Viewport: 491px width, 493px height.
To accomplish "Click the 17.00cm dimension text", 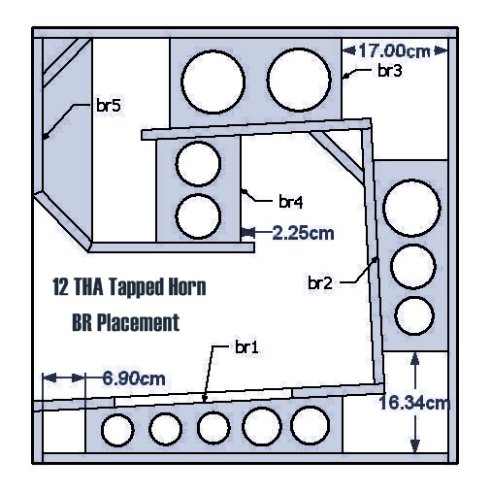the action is pyautogui.click(x=394, y=50).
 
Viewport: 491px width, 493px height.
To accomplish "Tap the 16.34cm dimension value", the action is pyautogui.click(x=414, y=404).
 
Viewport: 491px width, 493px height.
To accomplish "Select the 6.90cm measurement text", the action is pyautogui.click(x=134, y=378).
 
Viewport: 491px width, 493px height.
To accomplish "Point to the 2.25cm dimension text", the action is pyautogui.click(x=303, y=233).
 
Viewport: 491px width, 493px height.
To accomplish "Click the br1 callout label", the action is pyautogui.click(x=246, y=347).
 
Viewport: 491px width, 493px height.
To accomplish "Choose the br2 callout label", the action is pyautogui.click(x=320, y=283).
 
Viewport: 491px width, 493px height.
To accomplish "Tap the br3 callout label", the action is pyautogui.click(x=390, y=71).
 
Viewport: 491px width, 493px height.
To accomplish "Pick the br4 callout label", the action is pyautogui.click(x=291, y=202).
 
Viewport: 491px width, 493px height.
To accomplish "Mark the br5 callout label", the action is pyautogui.click(x=109, y=105).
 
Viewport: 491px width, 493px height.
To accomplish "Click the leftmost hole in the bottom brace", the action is pyautogui.click(x=117, y=430).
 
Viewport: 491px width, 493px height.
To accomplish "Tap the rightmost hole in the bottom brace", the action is pyautogui.click(x=310, y=425).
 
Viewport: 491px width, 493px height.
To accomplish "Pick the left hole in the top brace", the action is pyautogui.click(x=213, y=82).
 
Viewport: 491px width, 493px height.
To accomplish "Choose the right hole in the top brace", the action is pyautogui.click(x=299, y=80).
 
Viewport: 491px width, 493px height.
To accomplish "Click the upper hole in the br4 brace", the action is pyautogui.click(x=198, y=164).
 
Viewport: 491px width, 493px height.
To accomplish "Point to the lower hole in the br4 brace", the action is pyautogui.click(x=198, y=216).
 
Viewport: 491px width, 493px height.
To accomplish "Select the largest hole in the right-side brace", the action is pyautogui.click(x=411, y=208).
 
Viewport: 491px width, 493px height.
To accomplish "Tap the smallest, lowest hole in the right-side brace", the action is pyautogui.click(x=413, y=315).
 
